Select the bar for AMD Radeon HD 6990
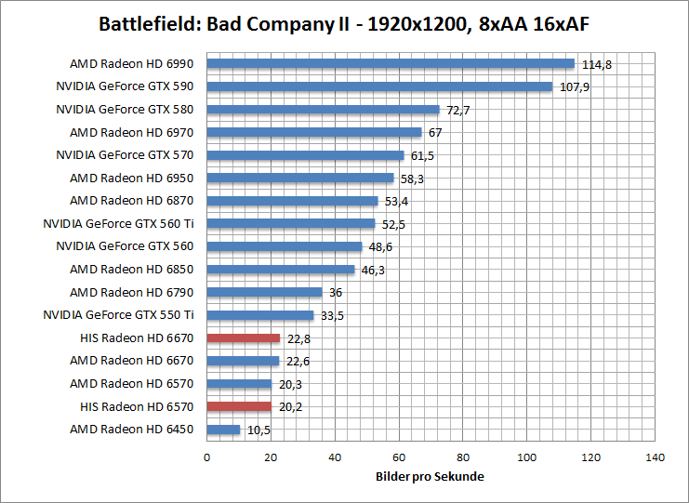[x=391, y=64]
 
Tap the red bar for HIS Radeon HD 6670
[x=244, y=338]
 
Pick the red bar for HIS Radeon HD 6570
[x=239, y=406]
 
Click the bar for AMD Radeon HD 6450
[x=223, y=430]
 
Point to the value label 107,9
[x=575, y=87]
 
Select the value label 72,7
[x=458, y=110]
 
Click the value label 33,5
[x=333, y=315]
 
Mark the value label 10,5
[x=258, y=430]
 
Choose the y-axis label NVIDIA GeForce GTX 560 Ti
[x=118, y=224]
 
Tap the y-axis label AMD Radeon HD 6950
[x=131, y=178]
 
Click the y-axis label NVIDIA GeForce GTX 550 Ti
[x=118, y=315]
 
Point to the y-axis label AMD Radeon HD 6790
[x=131, y=292]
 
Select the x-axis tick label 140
[x=656, y=458]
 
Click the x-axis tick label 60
[x=399, y=458]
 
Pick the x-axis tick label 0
[x=206, y=458]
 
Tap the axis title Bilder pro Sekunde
[x=431, y=476]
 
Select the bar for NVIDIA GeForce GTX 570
[x=305, y=155]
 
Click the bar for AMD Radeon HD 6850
[x=281, y=270]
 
